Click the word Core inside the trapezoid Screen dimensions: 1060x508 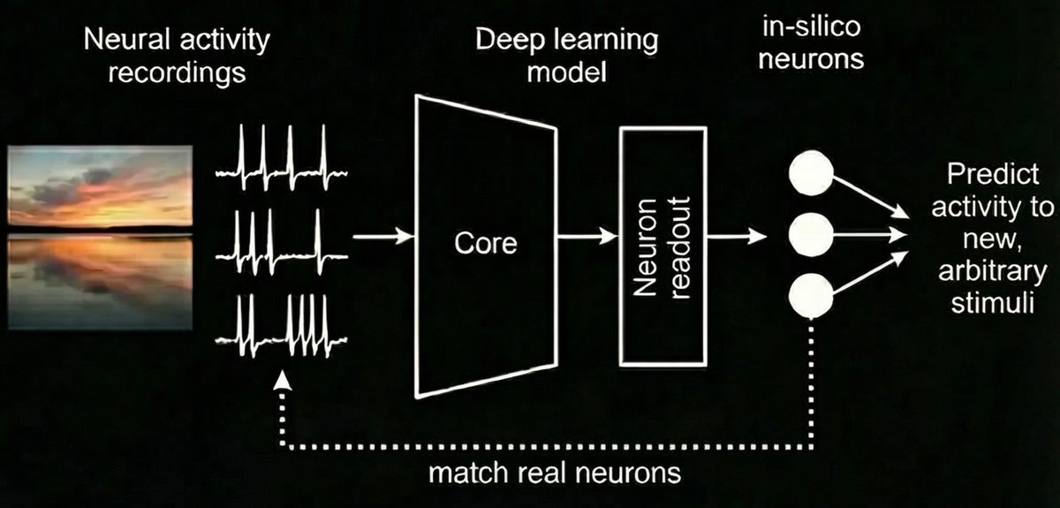tap(486, 243)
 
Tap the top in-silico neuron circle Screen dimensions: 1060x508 tap(811, 172)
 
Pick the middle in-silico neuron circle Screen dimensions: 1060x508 tap(811, 235)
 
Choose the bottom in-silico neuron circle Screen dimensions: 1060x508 tap(811, 295)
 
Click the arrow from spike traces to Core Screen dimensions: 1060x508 tap(383, 235)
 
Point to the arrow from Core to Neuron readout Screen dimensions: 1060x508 tap(587, 235)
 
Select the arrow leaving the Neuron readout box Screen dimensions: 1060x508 tap(737, 235)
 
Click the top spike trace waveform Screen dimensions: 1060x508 tap(282, 157)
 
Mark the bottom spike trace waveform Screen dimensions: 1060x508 tap(282, 326)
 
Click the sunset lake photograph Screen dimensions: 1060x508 tap(101, 237)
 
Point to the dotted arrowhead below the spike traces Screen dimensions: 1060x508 tap(283, 381)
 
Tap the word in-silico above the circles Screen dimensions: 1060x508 tap(812, 27)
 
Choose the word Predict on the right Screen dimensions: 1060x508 tap(993, 174)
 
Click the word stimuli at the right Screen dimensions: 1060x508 tap(992, 302)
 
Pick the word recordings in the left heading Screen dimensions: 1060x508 tap(177, 74)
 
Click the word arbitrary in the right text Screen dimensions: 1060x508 tap(993, 272)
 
